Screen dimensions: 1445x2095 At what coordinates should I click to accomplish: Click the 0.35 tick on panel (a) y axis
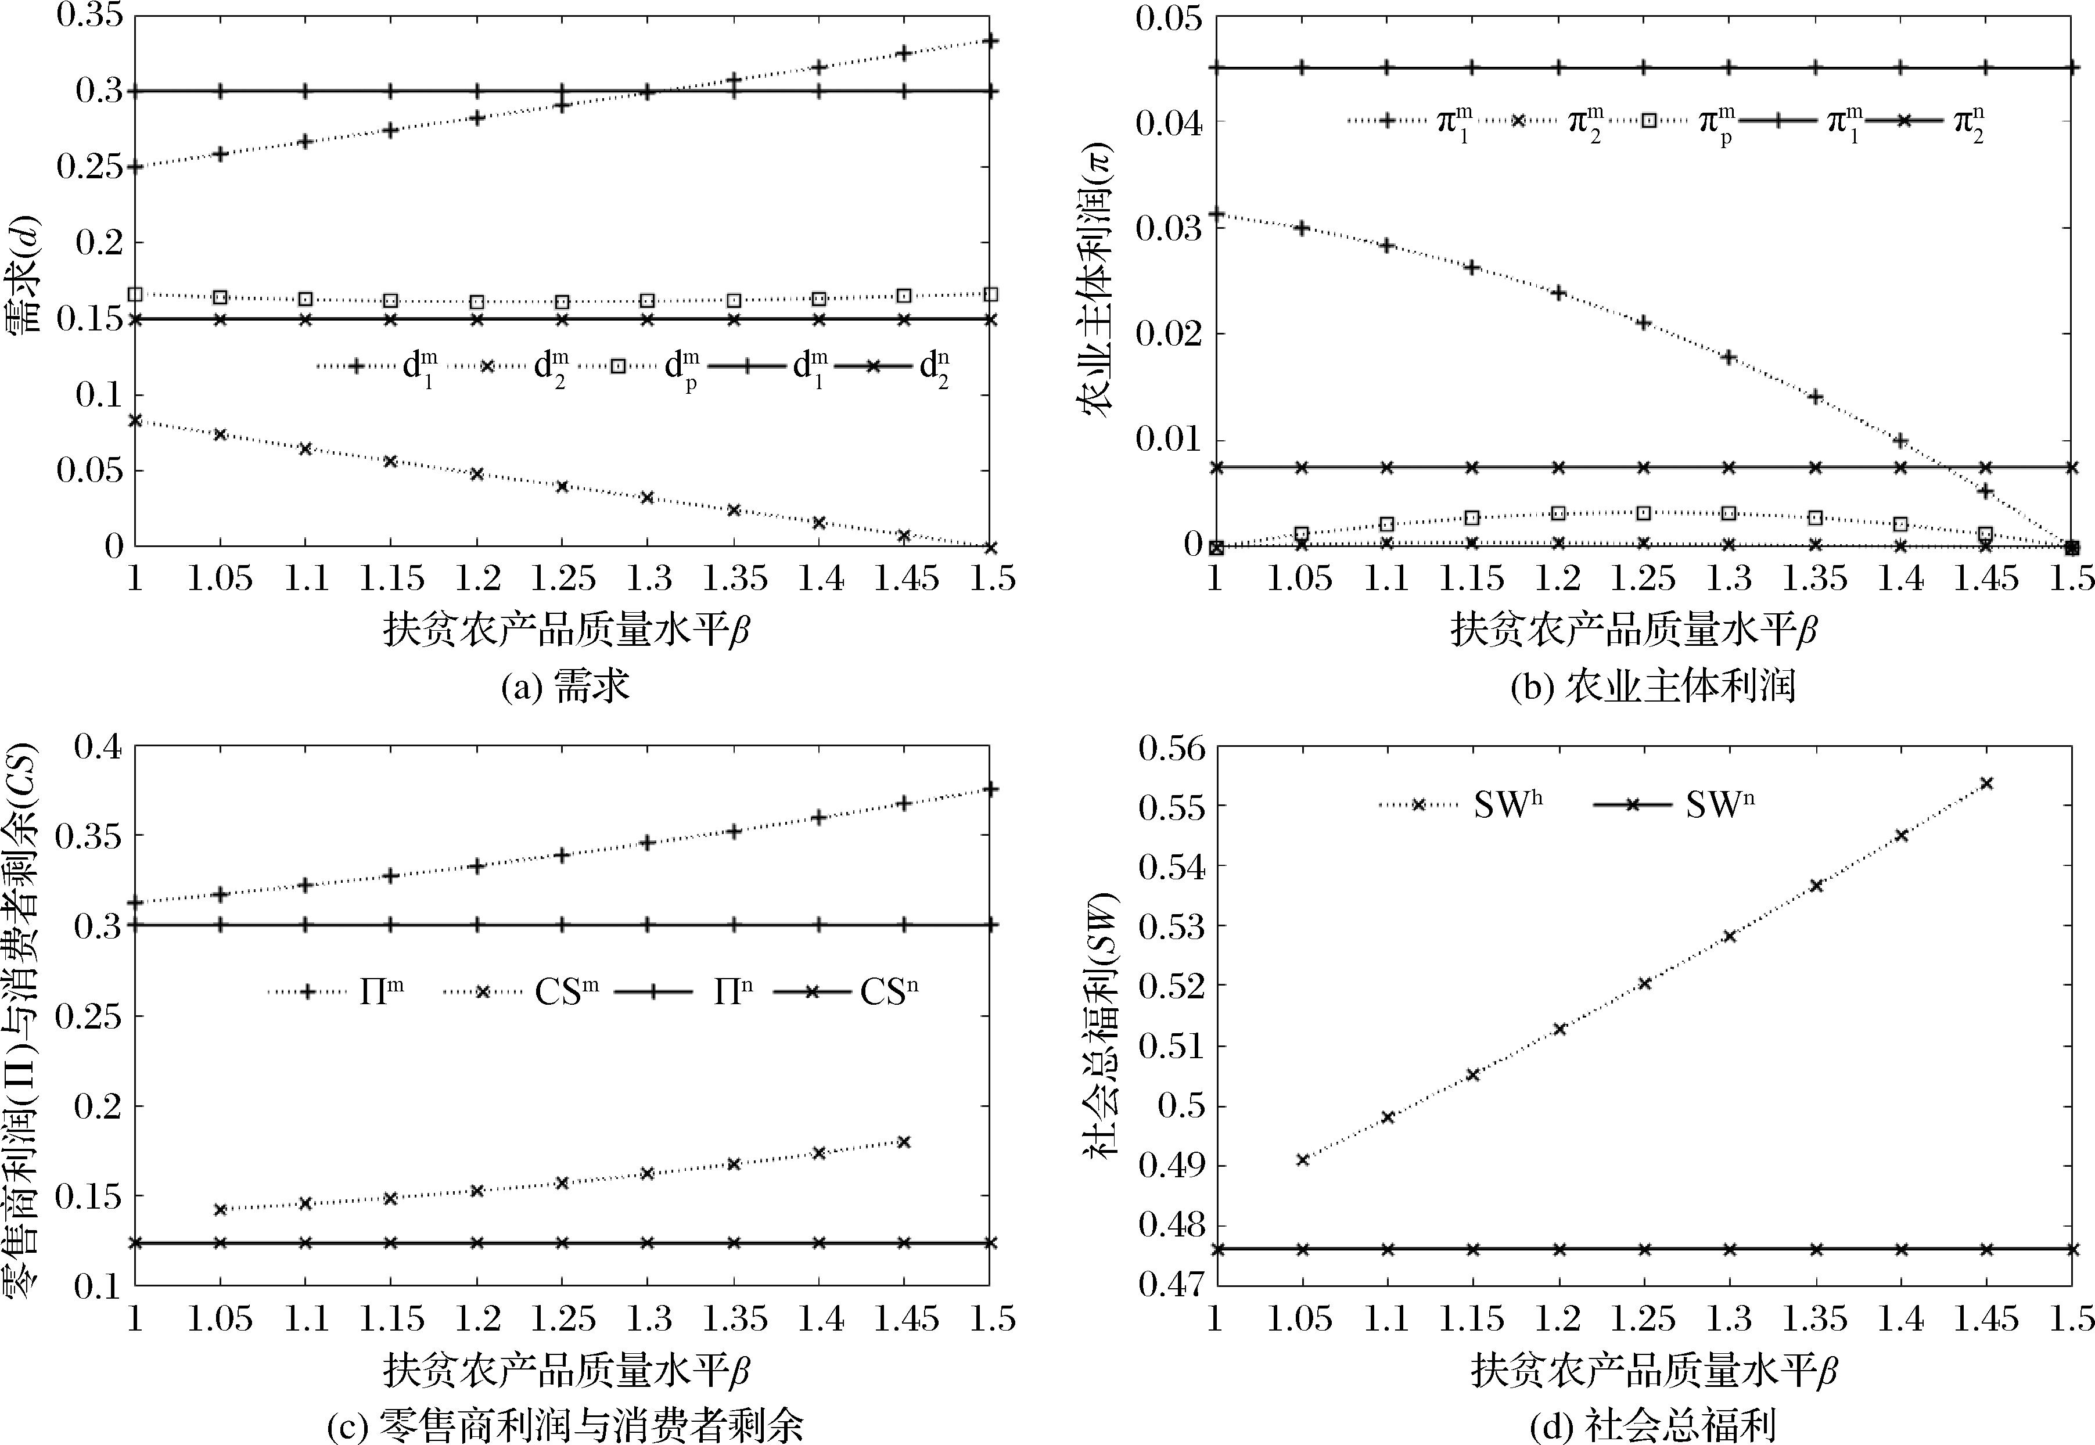[89, 18]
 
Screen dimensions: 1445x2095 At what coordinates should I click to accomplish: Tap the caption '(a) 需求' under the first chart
[565, 686]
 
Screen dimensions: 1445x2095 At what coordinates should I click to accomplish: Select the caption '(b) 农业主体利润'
[1653, 686]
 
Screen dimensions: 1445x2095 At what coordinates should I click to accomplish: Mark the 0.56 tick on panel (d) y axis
[1169, 748]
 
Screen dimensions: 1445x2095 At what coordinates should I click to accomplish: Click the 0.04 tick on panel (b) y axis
[1169, 121]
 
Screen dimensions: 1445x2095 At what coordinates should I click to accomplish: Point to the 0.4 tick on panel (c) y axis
[96, 748]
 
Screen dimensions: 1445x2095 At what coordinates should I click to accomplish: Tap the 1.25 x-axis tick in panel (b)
[1643, 578]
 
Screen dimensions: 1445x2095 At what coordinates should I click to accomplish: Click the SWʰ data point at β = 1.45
[1986, 783]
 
